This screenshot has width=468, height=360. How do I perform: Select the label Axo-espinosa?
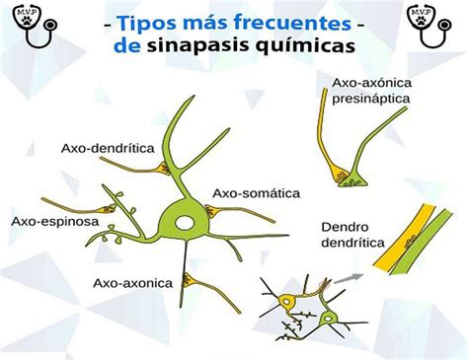[54, 222]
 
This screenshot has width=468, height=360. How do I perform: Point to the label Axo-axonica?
[132, 283]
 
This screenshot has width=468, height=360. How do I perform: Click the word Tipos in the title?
[145, 22]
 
